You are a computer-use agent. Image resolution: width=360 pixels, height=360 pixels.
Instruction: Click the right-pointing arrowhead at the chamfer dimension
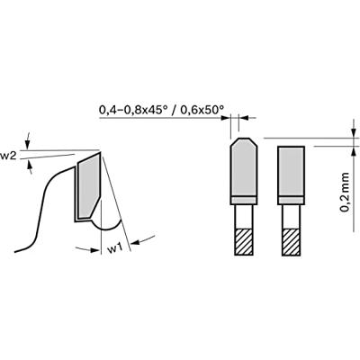tap(226, 117)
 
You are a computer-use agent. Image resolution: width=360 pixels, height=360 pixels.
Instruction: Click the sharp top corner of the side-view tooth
tap(100, 150)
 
